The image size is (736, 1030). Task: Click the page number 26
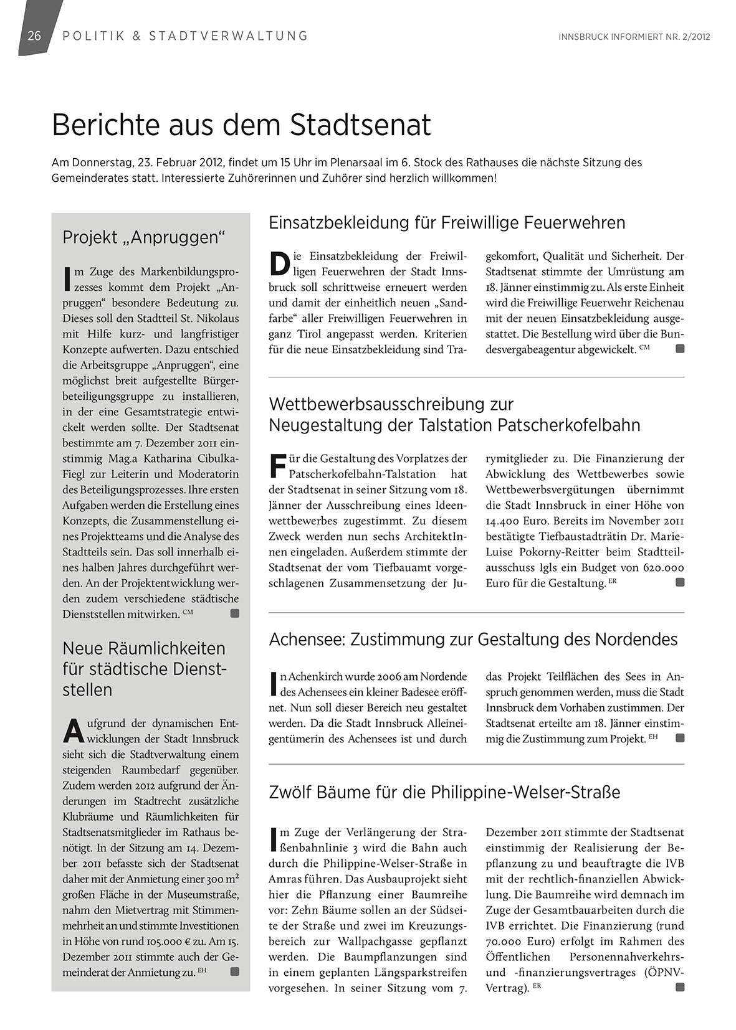(x=34, y=35)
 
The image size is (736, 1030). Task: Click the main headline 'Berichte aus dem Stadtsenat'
(x=241, y=125)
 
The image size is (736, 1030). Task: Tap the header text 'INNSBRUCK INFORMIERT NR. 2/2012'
(x=634, y=37)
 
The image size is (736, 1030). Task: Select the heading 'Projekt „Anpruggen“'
(x=143, y=237)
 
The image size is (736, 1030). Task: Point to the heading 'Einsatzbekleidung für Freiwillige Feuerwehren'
(x=447, y=222)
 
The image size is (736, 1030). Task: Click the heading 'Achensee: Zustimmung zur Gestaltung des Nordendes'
(x=473, y=639)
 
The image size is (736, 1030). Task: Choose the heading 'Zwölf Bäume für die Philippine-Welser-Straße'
(x=444, y=792)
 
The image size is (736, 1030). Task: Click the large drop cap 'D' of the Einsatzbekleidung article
(x=280, y=263)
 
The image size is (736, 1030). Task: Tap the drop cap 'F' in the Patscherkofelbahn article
(x=277, y=466)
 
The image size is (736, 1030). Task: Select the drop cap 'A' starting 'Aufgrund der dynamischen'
(x=74, y=731)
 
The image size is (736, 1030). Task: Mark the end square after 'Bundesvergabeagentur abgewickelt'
(x=680, y=349)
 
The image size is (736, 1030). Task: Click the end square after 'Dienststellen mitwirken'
(x=234, y=614)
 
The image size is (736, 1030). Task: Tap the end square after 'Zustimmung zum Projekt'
(x=680, y=738)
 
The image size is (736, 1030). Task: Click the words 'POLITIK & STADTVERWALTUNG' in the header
(x=185, y=35)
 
